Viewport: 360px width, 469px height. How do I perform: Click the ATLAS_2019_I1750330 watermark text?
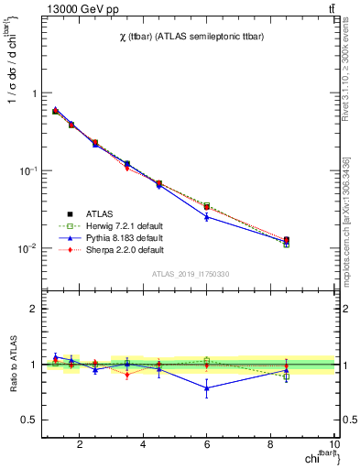pos(191,274)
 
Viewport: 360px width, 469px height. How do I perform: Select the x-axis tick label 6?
pos(207,446)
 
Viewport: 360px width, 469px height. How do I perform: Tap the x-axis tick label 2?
pos(80,446)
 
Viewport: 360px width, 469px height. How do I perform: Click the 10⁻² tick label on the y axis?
pos(26,249)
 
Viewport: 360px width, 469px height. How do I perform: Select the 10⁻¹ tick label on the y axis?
pos(26,171)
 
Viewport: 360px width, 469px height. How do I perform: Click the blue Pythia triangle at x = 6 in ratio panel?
pos(207,387)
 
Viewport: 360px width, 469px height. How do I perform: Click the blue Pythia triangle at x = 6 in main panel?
pos(207,217)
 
